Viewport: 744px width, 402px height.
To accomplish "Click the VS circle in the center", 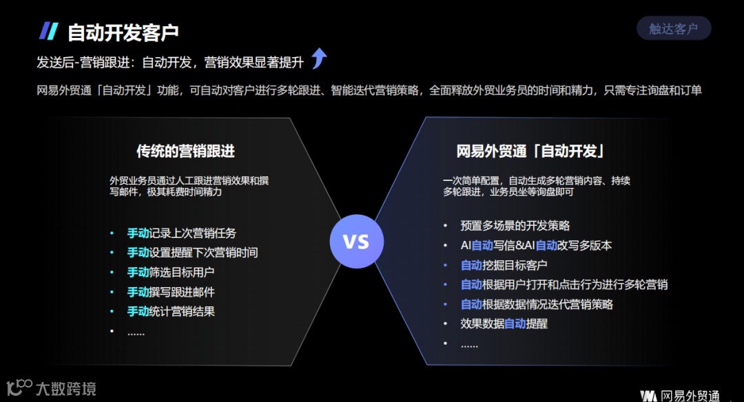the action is point(356,242).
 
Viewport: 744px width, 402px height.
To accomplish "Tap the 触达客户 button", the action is point(673,28).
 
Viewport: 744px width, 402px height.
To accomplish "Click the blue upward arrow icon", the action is point(318,59).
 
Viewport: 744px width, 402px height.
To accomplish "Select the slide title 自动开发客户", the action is point(123,32).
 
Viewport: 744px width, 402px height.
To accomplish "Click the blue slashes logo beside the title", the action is point(48,31).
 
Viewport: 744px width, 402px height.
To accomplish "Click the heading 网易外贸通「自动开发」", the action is point(530,151).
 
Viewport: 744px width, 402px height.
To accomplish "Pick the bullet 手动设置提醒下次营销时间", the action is point(192,253).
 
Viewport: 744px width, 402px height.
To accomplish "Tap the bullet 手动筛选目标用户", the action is point(170,272).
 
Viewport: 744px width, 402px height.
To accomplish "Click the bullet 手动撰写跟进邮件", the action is point(170,292).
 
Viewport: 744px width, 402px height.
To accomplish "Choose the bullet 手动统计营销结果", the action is point(170,311).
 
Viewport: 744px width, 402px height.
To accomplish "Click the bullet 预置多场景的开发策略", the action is point(515,226).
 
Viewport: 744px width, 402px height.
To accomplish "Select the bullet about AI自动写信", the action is point(536,245).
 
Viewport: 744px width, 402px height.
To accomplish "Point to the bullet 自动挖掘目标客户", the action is point(504,265).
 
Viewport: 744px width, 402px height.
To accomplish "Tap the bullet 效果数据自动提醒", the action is point(504,324).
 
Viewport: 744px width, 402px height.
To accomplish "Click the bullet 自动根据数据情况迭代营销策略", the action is point(537,304).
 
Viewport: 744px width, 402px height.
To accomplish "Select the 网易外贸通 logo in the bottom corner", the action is point(680,396).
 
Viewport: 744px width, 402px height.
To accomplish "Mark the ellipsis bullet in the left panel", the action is point(136,331).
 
